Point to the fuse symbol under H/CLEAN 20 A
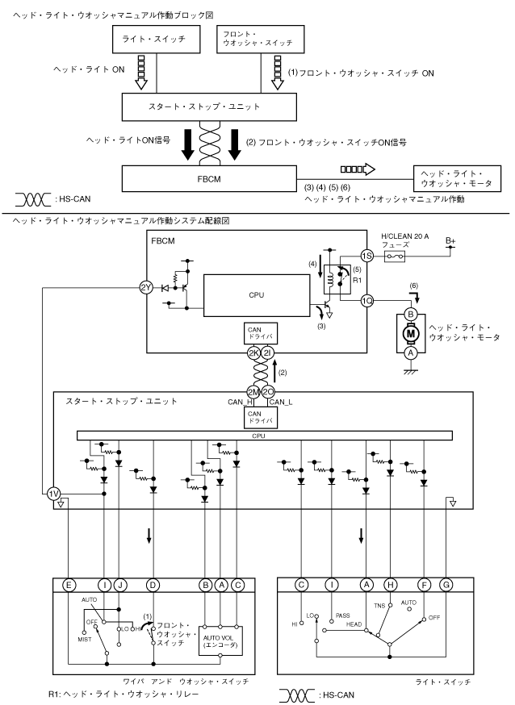point(395,256)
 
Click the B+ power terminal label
point(450,240)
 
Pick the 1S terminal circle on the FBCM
point(366,256)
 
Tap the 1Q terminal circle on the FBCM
point(366,300)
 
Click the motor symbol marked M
point(410,332)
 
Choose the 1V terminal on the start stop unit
point(53,494)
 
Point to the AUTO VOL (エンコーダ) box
point(220,629)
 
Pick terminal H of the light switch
point(391,584)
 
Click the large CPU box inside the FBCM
point(256,295)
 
